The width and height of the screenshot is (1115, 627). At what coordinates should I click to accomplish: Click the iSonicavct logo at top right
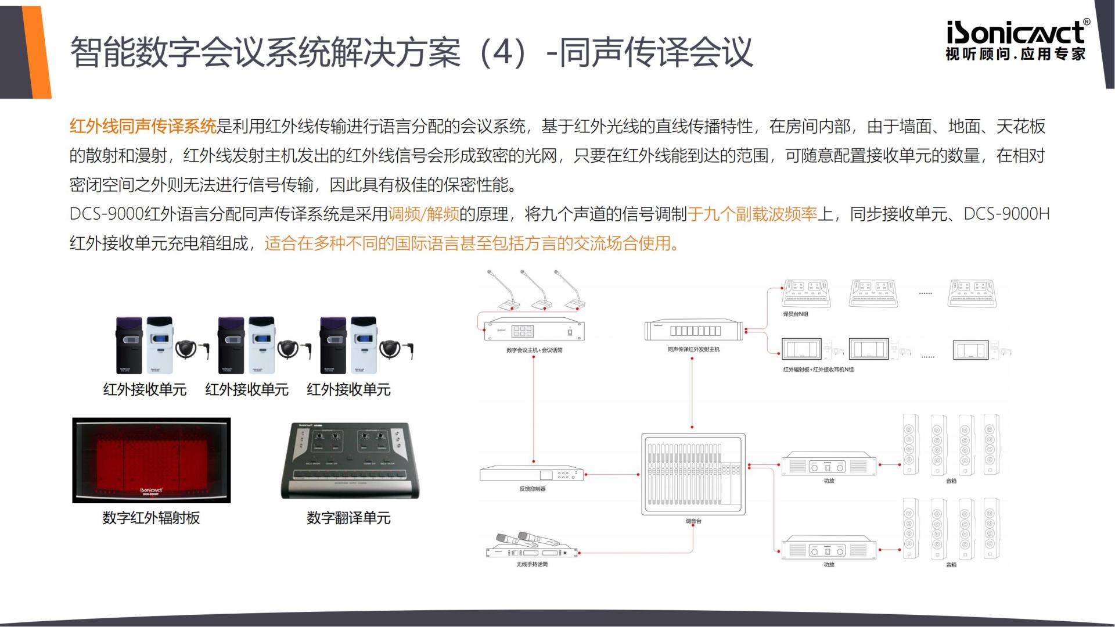1017,40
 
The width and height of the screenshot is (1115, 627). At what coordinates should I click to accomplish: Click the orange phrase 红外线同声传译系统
143,126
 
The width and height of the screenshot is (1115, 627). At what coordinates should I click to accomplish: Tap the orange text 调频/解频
423,214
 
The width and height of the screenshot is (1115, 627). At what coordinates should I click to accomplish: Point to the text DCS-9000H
1006,214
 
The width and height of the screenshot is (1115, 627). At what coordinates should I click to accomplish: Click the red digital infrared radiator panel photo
151,460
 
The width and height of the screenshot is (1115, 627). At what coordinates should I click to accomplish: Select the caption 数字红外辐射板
151,518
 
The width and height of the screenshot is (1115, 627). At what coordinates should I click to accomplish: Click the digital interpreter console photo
350,460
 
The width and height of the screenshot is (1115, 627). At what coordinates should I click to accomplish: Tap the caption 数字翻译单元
348,518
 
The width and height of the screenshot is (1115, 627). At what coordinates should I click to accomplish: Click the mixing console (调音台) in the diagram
693,474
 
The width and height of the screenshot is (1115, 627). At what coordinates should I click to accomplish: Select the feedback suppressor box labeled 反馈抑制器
531,474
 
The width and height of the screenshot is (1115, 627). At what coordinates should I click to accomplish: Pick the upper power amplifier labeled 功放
829,465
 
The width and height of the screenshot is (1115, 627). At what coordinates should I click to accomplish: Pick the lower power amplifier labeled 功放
829,549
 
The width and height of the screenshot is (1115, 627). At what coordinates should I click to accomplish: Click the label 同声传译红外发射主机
693,349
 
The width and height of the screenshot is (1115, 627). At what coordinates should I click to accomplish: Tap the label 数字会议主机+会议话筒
534,350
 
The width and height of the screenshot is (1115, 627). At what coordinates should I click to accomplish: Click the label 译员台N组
796,314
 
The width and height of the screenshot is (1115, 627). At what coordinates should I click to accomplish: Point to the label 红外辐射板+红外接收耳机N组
818,370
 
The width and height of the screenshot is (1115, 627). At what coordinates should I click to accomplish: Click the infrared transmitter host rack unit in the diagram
694,331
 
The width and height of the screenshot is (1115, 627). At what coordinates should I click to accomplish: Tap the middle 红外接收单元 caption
246,389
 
